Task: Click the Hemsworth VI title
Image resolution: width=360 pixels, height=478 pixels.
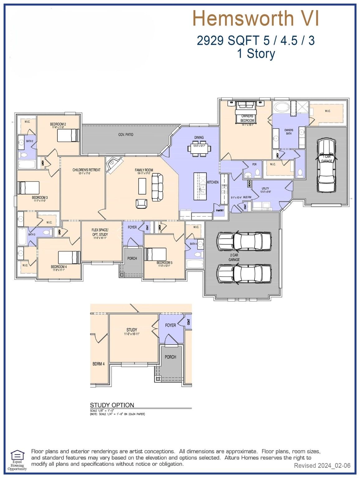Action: (256, 18)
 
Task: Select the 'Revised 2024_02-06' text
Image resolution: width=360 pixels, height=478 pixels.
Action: (322, 466)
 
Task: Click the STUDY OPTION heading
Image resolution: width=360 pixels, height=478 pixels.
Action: (112, 405)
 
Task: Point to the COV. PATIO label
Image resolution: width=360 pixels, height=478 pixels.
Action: (126, 134)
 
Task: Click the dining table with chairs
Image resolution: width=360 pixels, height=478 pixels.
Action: (199, 148)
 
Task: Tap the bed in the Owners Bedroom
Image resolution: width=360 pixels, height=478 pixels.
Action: (246, 109)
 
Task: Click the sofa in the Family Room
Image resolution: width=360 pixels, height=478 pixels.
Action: (157, 187)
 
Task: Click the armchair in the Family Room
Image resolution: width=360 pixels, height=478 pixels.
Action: (141, 204)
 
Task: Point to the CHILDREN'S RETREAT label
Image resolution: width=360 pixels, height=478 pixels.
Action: (86, 170)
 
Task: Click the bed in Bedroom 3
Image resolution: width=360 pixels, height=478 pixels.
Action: (28, 188)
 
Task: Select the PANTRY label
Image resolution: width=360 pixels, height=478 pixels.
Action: (220, 210)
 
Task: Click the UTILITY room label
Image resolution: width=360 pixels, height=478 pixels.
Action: (265, 189)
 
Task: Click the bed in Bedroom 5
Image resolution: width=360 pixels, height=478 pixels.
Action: (155, 254)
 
